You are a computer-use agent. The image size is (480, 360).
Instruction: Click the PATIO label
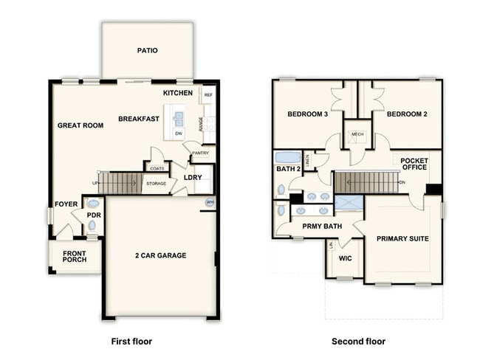tap(148, 51)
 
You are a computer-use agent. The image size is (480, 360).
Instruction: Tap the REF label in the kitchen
tap(208, 95)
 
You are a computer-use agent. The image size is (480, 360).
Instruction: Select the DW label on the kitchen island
tap(179, 133)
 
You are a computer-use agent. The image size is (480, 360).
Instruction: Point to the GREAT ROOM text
tap(80, 125)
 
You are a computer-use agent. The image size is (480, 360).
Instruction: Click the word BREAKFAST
tap(138, 118)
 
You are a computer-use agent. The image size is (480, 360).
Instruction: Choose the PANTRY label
tap(200, 153)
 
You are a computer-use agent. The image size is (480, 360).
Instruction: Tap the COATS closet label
tap(157, 168)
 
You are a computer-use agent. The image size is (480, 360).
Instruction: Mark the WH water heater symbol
tap(210, 201)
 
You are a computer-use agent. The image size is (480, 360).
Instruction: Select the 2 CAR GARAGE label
tap(161, 255)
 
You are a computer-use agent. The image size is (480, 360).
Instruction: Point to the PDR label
tap(93, 215)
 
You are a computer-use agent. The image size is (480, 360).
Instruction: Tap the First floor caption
tap(131, 342)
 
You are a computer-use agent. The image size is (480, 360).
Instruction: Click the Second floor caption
tap(358, 342)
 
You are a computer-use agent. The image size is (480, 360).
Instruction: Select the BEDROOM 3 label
tap(307, 114)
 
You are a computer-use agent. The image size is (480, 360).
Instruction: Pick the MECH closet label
tap(358, 134)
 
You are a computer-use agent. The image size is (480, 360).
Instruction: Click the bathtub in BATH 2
tap(287, 157)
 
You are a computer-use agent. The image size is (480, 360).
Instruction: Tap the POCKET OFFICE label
tap(414, 165)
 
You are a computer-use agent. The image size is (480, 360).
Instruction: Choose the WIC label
tap(345, 259)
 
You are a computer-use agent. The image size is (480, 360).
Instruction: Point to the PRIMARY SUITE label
tap(402, 239)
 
